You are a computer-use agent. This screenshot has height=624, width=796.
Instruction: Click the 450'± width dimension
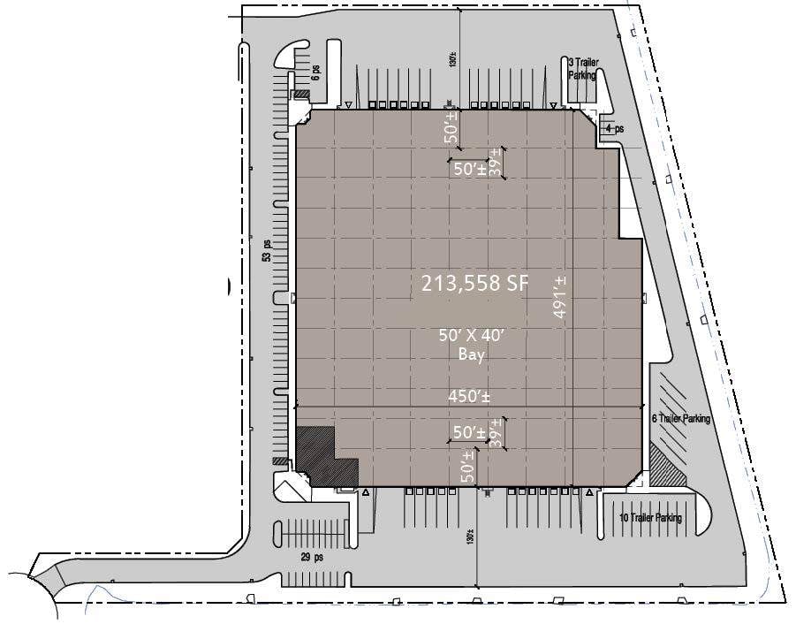(x=470, y=397)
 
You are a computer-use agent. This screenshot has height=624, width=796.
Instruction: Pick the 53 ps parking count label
(x=265, y=250)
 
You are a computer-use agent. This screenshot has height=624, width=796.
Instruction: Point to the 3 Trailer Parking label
(x=582, y=69)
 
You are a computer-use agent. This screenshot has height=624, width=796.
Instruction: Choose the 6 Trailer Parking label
(x=681, y=419)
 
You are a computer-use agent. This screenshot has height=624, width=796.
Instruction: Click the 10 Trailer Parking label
(x=650, y=518)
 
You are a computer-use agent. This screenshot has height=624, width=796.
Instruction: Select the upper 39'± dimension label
(x=497, y=162)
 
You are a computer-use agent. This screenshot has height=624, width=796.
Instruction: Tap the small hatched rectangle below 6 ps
(x=301, y=95)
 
